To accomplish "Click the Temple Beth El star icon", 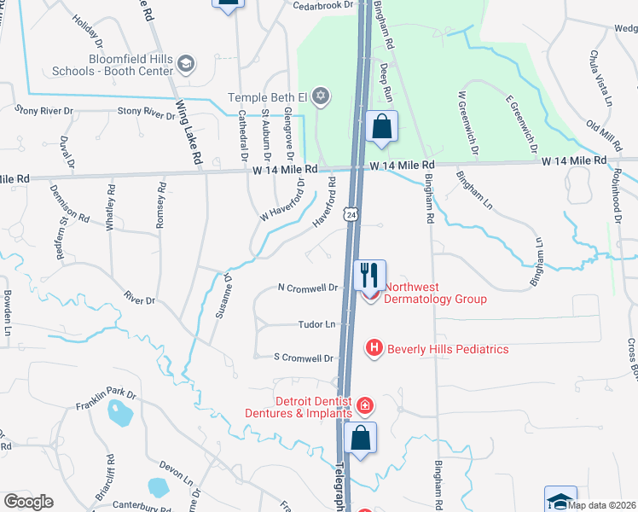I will coord(321,95).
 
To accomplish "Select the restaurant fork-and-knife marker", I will coord(369,275).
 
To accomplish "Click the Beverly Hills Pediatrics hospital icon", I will coord(374,348).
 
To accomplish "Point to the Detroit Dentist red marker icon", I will coord(364,404).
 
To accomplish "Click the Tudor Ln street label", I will coord(314,324).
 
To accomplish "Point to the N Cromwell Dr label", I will coord(308,288).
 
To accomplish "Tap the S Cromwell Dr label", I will coord(303,358).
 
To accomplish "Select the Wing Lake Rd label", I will coord(188,133).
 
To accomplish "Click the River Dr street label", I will coord(139,300).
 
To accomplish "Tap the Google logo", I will coord(28,502).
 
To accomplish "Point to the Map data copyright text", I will coord(603,506).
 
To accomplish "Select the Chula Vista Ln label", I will coord(601,78).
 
